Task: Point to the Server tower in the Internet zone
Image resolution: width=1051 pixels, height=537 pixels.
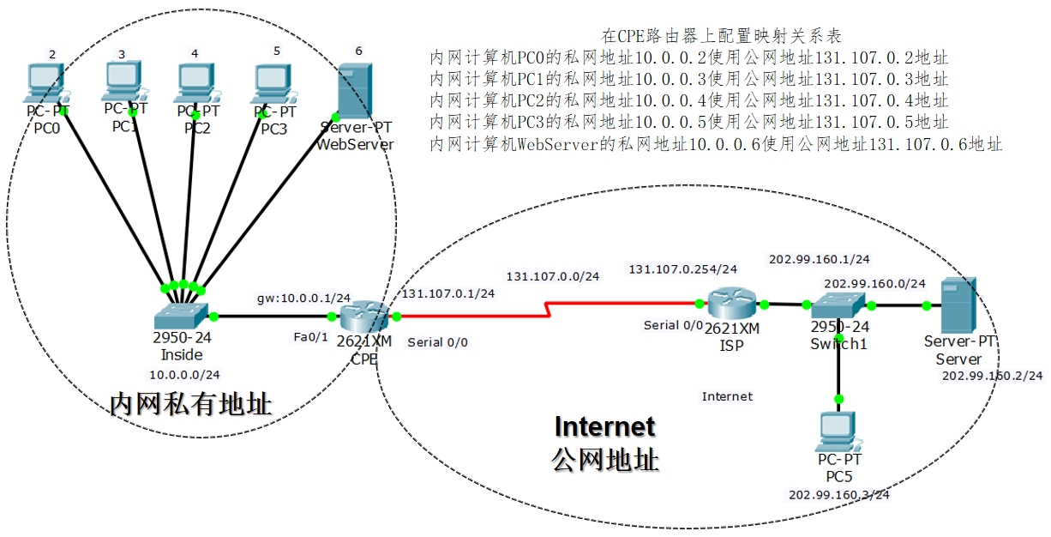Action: (958, 305)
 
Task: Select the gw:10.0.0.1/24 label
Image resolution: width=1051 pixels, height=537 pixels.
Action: (303, 298)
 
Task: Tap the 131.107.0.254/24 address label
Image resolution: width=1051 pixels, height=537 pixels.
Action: (682, 269)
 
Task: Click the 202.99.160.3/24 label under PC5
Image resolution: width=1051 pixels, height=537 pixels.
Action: (838, 494)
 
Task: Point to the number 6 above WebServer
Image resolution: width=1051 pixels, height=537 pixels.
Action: (358, 51)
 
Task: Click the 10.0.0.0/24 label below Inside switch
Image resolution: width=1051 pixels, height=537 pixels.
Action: (184, 375)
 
